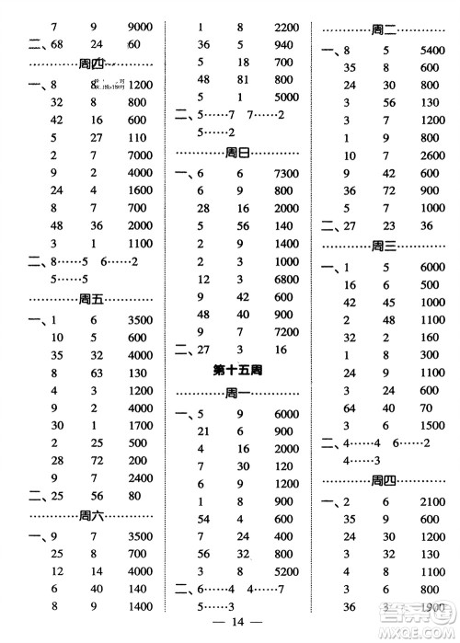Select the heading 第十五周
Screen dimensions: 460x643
236,372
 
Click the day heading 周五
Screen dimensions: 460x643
92,298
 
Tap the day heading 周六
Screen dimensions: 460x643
92,514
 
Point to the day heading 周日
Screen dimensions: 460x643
237,153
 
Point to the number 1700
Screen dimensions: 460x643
138,425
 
